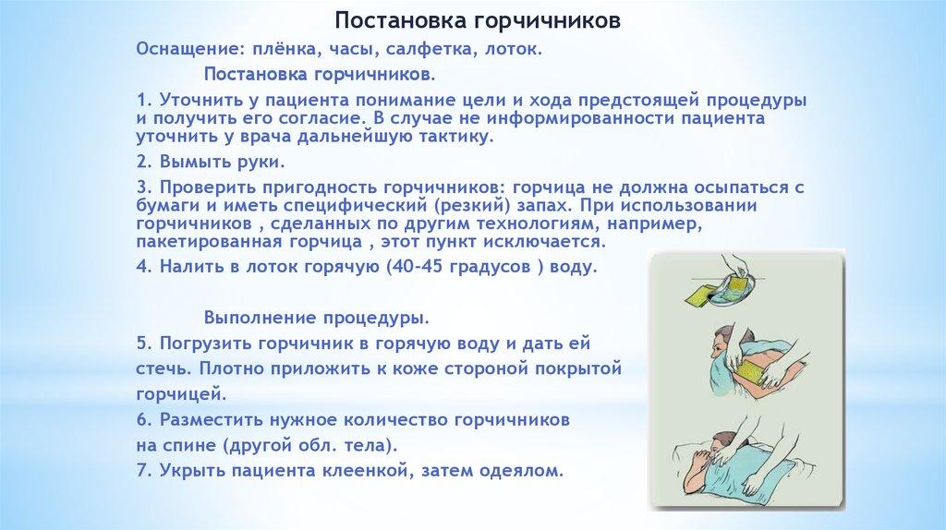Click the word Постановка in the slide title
[x=401, y=20]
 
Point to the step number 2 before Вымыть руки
[x=143, y=162]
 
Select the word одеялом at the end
[x=521, y=470]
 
